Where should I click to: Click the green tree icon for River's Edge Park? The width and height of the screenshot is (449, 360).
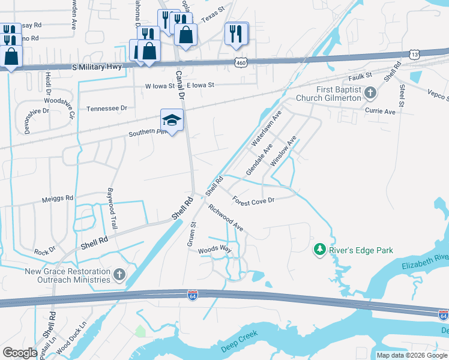pos(320,249)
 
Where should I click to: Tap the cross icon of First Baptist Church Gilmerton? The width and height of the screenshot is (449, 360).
pos(370,92)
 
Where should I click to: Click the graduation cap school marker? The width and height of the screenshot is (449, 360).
pos(172,121)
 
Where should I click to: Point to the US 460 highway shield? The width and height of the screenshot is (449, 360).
pos(241,62)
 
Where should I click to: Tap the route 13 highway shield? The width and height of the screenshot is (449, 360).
pos(415,54)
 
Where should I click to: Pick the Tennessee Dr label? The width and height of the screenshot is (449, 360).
pos(107,109)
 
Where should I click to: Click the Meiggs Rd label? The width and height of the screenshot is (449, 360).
pos(57,197)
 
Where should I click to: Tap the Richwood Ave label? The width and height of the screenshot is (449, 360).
pos(226,218)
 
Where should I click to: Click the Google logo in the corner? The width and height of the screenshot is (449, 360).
pos(19,353)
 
